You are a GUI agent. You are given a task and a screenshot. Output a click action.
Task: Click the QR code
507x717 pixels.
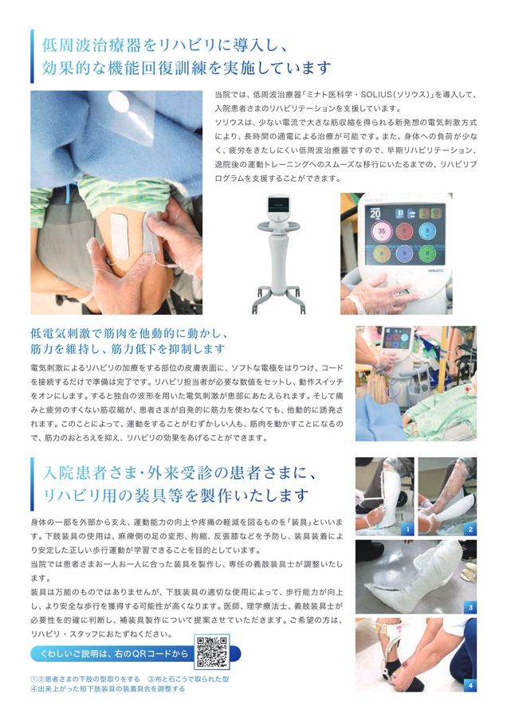tap(212, 652)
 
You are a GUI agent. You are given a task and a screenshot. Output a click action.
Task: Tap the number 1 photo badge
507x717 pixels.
tap(407, 530)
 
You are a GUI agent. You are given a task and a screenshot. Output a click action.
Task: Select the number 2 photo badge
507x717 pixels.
tap(470, 530)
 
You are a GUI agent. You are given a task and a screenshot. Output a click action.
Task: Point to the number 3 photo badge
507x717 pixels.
tap(470, 608)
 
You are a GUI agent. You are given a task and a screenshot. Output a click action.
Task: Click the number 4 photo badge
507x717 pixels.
tap(470, 685)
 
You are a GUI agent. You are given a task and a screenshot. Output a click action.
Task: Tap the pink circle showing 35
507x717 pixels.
tap(381, 231)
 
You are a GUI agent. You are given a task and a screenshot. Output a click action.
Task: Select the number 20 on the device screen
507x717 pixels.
tap(375, 213)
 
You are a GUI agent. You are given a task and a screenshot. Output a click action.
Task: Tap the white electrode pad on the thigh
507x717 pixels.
tap(119, 237)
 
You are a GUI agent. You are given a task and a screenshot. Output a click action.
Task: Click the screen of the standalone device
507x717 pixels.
tap(279, 206)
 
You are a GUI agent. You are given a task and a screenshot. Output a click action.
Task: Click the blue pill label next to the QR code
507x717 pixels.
tap(113, 654)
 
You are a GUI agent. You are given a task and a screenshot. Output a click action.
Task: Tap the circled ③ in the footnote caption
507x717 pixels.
tap(151, 679)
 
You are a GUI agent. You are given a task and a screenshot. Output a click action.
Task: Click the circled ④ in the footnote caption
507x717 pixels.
tap(34, 688)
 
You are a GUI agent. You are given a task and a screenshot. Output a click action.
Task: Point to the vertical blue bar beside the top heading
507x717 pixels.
tap(32, 57)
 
